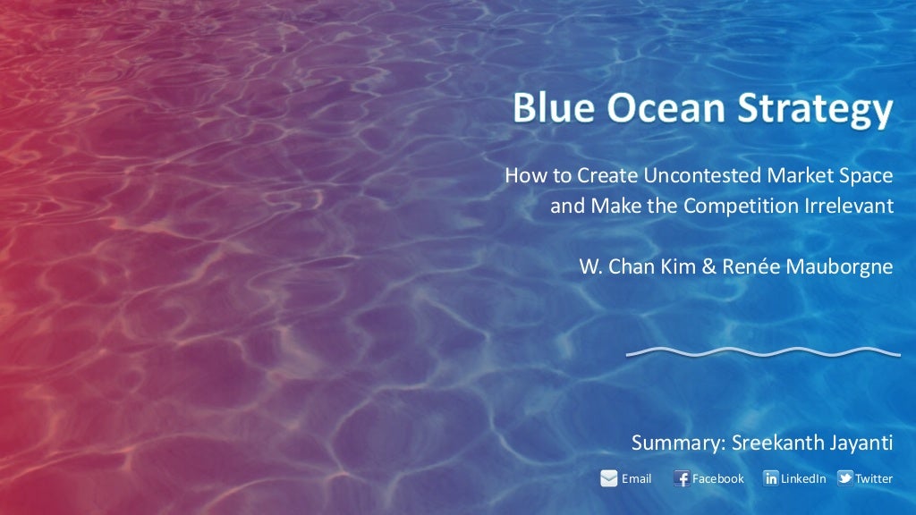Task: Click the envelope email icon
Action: point(609,478)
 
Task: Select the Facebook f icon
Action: point(682,478)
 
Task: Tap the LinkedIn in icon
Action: point(770,478)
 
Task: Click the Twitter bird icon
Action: point(844,478)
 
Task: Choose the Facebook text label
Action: point(718,478)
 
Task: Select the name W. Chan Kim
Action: point(637,266)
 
